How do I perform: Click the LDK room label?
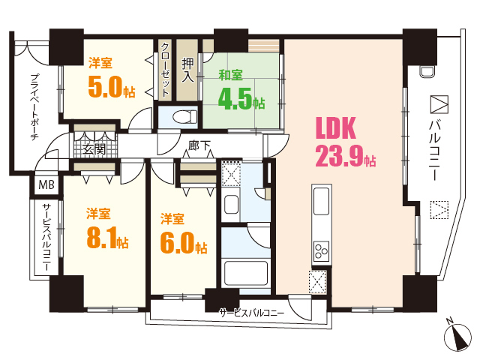coord(336,128)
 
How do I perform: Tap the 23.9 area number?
coord(339,156)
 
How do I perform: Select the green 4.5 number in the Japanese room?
coord(235,99)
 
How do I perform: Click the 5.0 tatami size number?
coord(105,87)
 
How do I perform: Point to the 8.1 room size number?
coord(102,238)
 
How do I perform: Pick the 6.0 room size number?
coord(178,243)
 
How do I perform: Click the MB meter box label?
coord(46,184)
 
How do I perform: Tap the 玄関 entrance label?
coord(94,149)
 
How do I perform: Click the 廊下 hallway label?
coord(199,145)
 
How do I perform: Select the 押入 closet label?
coord(187,70)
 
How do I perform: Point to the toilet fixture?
coord(185,117)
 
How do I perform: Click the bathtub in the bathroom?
coord(245,273)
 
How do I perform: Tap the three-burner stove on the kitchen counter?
coord(321,251)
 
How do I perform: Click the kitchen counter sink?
coord(322,202)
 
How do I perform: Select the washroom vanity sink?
coord(231,205)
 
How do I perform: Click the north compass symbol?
coord(457,337)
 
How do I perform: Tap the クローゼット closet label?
coord(165,70)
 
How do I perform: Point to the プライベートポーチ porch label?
coord(35,106)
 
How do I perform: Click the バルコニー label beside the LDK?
coord(434,150)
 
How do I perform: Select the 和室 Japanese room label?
coord(230,75)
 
